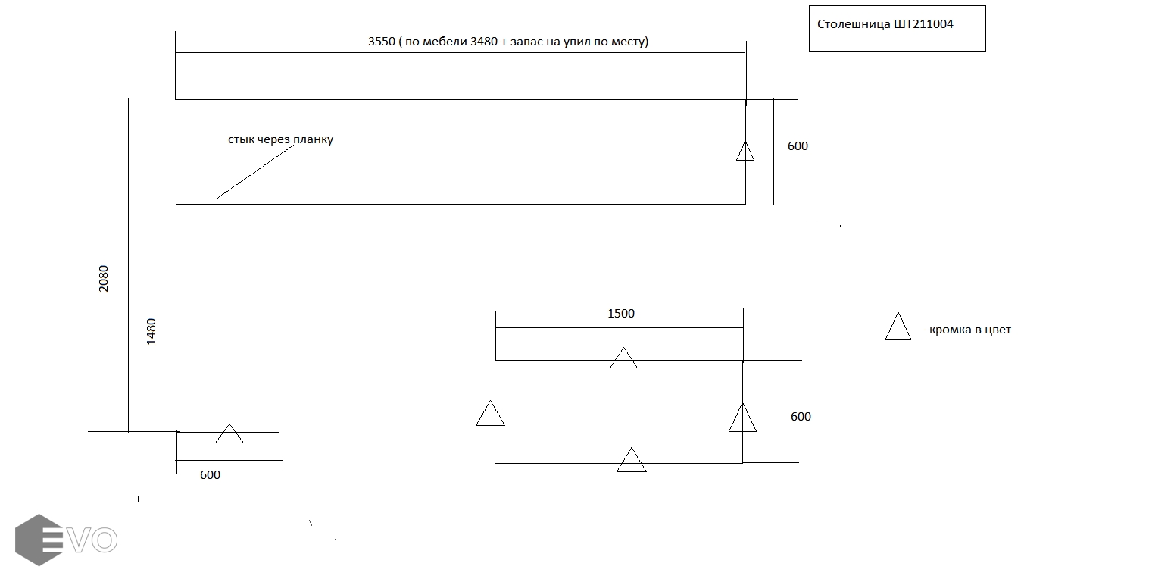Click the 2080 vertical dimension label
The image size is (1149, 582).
[x=104, y=279]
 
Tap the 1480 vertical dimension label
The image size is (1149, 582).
[x=151, y=332]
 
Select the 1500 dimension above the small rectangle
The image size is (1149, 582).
[x=620, y=313]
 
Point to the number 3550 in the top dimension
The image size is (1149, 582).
[x=382, y=41]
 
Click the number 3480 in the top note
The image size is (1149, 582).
[x=484, y=41]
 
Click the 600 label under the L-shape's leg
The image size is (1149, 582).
[x=210, y=474]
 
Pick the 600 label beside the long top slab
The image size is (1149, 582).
[x=798, y=145]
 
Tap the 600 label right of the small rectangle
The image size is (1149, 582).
[x=801, y=416]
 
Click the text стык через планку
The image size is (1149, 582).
[x=280, y=139]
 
